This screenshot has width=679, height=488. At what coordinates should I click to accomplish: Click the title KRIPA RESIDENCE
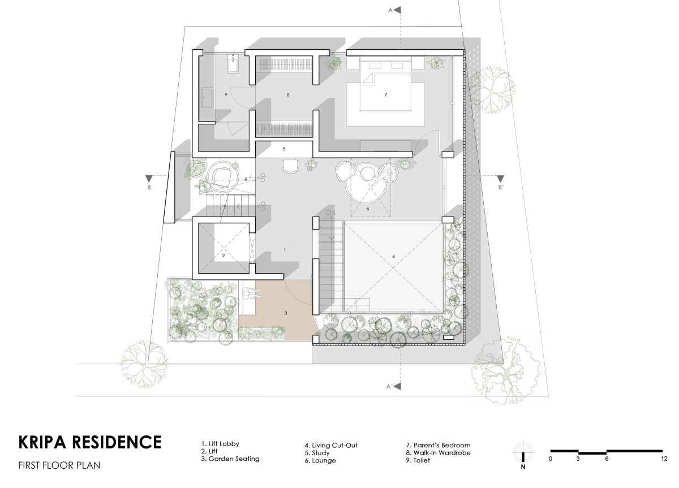[x=90, y=442]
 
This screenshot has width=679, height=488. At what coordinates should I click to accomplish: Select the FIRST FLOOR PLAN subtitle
[x=59, y=465]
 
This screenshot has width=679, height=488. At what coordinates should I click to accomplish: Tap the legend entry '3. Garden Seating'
[x=230, y=459]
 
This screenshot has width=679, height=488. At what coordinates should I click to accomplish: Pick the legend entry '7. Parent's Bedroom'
[x=438, y=445]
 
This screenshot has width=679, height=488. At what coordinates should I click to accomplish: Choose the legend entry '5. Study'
[x=317, y=453]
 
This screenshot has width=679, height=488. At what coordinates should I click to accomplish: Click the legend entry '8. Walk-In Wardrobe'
[x=439, y=453]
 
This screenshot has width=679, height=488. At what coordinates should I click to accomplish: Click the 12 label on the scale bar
[x=664, y=459]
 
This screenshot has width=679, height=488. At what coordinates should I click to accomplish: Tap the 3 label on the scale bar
[x=578, y=459]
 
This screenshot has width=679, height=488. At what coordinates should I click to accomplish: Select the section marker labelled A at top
[x=395, y=10]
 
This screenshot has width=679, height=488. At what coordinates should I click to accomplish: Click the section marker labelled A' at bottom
[x=394, y=387]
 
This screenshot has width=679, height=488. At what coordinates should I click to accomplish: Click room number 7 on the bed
[x=385, y=95]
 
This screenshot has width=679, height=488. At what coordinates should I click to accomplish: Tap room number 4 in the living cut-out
[x=393, y=257]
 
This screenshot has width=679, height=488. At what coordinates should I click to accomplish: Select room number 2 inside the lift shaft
[x=224, y=256]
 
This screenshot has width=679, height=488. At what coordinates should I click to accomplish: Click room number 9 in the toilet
[x=226, y=95]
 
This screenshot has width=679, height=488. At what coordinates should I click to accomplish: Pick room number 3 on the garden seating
[x=286, y=313]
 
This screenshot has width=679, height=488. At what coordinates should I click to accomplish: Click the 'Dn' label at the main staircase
[x=330, y=213]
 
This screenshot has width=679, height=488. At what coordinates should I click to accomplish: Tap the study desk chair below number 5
[x=291, y=166]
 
